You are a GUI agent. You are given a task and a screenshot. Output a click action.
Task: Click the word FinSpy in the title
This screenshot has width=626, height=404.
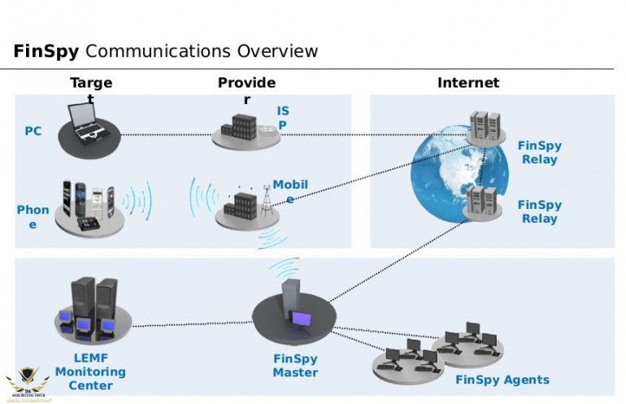[46, 52]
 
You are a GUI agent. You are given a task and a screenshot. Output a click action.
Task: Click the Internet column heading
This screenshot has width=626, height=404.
[468, 83]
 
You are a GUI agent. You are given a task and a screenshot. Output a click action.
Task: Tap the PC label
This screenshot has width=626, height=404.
[33, 131]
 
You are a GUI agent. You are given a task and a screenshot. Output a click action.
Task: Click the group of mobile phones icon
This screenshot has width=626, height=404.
[89, 206]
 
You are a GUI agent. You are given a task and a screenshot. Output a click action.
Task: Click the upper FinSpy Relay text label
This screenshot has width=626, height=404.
[540, 153]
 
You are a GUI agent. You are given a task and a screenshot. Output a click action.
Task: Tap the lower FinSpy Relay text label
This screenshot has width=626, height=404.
[540, 212]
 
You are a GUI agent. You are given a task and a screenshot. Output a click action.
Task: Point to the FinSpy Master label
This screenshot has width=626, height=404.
[295, 366]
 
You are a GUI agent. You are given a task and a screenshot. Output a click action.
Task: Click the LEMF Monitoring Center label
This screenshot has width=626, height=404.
[90, 371]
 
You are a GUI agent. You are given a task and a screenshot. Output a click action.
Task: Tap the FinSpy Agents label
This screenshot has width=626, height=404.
[502, 380]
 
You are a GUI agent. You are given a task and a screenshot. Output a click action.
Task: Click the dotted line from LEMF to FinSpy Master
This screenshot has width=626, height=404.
[191, 326]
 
